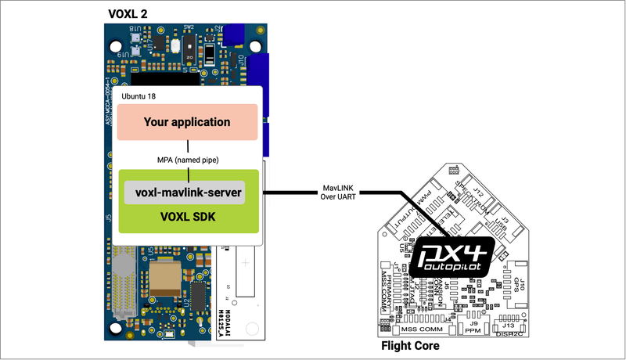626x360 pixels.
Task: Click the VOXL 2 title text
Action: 126,13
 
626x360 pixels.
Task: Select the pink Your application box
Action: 187,122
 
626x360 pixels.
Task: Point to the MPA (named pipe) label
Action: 187,160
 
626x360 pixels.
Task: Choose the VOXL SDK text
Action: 188,215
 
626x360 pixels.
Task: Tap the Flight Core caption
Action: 409,345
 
